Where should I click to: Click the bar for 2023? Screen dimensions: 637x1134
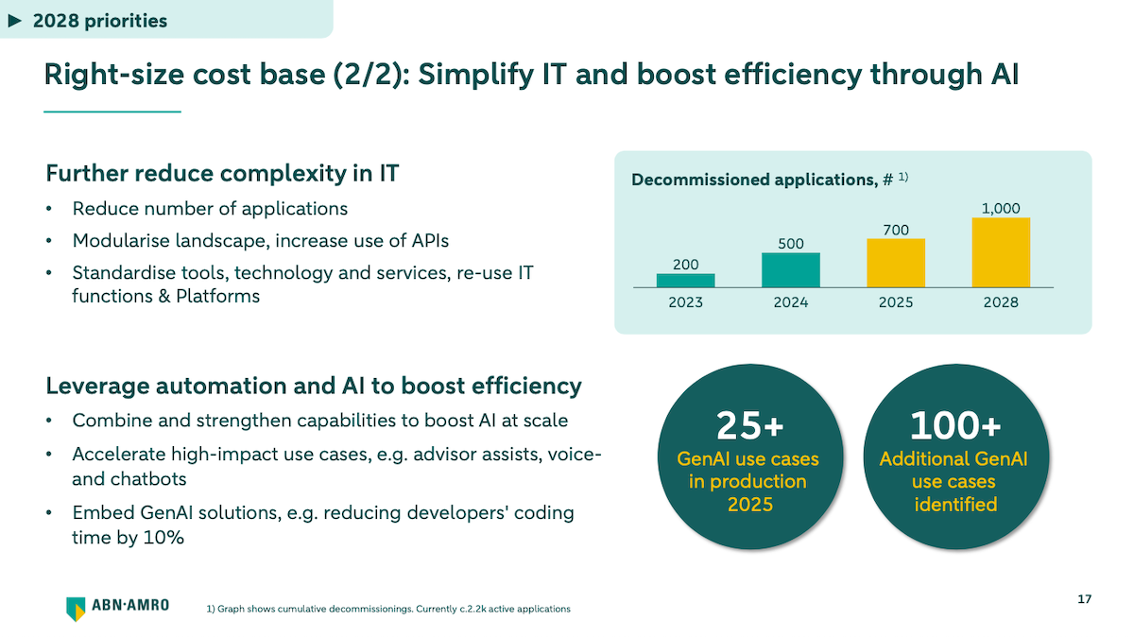point(685,280)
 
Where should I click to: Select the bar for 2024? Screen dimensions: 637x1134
point(790,269)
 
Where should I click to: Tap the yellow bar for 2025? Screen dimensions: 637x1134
point(895,263)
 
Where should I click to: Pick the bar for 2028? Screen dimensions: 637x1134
point(1001,252)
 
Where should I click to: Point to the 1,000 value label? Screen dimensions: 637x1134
point(1001,209)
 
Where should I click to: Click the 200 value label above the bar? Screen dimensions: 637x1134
point(685,265)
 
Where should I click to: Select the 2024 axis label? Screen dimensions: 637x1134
point(790,302)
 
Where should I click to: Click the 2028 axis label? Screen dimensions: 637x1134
point(1001,302)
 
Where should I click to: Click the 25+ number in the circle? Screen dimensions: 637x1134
point(749,427)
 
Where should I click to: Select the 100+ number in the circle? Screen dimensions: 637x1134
point(954,427)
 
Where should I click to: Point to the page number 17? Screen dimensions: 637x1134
point(1084,599)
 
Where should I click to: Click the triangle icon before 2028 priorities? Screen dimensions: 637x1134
point(14,20)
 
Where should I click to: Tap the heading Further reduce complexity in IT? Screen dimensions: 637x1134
point(222,174)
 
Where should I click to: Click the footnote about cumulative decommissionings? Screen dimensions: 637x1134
point(387,610)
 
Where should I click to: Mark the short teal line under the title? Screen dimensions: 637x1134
point(112,112)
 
